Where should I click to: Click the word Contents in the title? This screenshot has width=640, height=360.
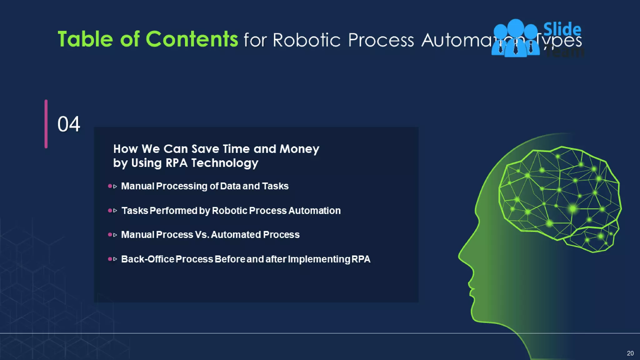click(192, 39)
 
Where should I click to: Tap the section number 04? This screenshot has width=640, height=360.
click(69, 124)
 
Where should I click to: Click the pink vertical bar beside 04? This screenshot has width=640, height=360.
click(46, 124)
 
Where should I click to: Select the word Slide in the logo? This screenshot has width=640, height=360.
click(562, 29)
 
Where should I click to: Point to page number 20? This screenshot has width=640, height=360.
click(630, 353)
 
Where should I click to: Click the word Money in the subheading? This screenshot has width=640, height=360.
click(299, 149)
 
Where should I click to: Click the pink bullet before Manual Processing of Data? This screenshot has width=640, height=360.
click(110, 186)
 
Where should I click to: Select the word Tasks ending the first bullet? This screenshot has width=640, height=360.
click(275, 186)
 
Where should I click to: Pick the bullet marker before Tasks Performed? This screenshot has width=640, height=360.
click(110, 211)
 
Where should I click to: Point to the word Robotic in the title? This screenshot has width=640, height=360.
click(307, 40)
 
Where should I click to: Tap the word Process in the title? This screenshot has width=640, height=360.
click(381, 40)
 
